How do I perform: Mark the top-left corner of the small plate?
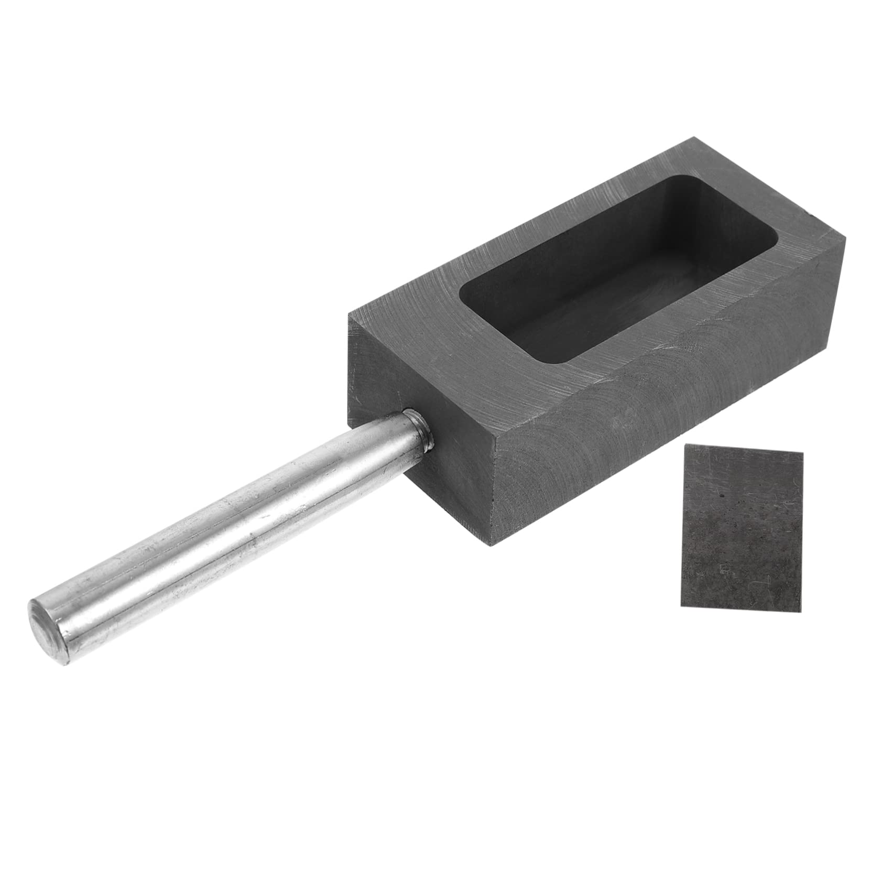pos(687,444)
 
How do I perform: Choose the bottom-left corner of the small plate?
pos(681,606)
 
